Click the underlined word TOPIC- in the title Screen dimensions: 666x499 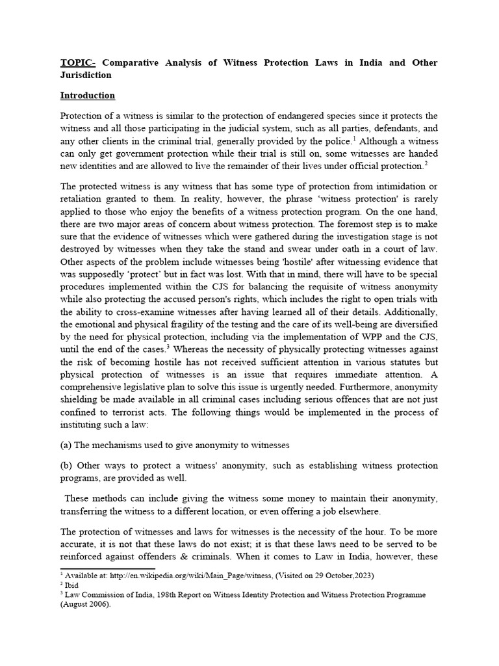pyautogui.click(x=78, y=63)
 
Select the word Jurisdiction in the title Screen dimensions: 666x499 pyautogui.click(x=86, y=75)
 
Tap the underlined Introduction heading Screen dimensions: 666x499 pyautogui.click(x=88, y=96)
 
